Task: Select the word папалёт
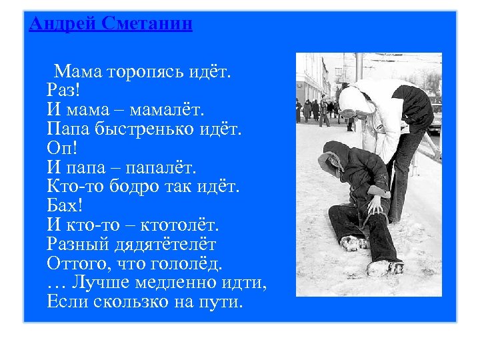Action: [x=169, y=163]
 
